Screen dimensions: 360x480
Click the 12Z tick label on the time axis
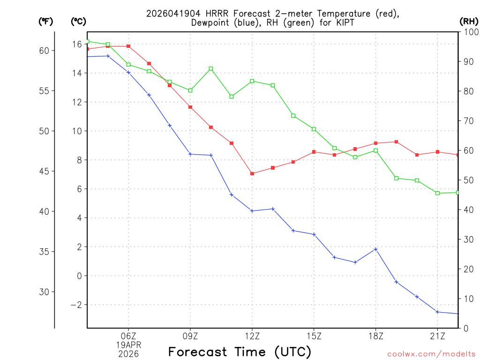(252, 336)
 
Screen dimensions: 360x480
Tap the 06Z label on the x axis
(128, 336)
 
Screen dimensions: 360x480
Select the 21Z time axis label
(437, 336)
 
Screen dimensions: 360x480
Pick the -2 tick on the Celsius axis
(75, 305)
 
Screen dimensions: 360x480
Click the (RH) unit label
(469, 21)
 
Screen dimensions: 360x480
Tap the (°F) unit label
(46, 21)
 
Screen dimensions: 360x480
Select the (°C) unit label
(78, 21)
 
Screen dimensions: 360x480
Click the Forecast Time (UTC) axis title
(240, 352)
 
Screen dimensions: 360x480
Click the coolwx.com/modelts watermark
(431, 354)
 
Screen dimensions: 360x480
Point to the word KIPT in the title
(345, 22)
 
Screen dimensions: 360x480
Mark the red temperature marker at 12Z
(252, 174)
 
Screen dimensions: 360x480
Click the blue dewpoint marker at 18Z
(376, 249)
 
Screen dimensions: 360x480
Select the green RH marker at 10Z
(211, 69)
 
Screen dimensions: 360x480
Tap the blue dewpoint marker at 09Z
(190, 154)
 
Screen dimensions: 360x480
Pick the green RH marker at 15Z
(314, 129)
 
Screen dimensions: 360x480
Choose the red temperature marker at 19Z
(397, 142)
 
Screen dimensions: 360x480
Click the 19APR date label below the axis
(128, 345)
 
